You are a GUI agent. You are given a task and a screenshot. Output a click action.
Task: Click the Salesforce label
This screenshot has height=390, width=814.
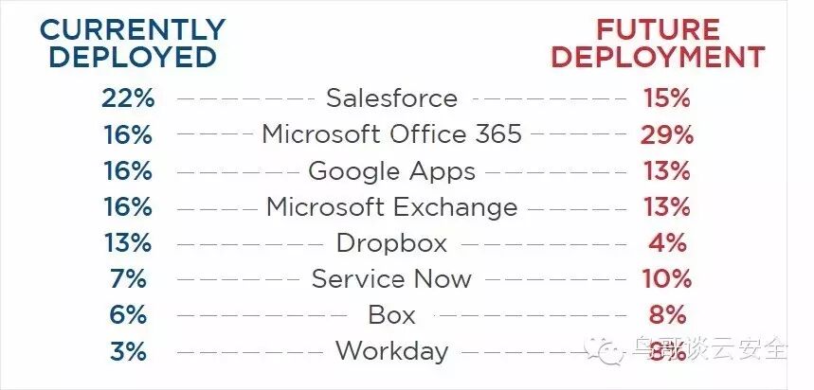[391, 97]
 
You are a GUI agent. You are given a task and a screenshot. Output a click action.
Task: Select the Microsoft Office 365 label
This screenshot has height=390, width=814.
[391, 133]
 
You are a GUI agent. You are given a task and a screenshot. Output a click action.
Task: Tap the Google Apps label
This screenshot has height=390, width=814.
[391, 171]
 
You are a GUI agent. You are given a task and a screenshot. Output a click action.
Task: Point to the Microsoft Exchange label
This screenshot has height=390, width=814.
[391, 206]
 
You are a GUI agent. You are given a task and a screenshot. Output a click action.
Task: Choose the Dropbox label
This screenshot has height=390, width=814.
[391, 243]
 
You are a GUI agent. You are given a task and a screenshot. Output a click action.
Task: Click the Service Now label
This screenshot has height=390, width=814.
[391, 279]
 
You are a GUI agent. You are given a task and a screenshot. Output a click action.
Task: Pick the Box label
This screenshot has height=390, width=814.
[391, 315]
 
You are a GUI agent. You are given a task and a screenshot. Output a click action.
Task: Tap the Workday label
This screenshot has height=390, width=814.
[391, 351]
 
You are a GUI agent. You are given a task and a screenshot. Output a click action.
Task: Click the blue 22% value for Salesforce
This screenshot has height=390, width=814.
[126, 97]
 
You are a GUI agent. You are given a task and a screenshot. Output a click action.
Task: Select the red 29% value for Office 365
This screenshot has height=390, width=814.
[666, 134]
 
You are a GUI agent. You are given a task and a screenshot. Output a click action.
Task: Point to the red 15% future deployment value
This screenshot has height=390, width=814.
[666, 97]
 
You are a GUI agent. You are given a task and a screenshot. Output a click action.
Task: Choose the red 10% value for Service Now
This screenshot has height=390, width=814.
[666, 279]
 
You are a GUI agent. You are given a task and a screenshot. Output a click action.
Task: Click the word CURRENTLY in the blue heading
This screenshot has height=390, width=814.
[133, 29]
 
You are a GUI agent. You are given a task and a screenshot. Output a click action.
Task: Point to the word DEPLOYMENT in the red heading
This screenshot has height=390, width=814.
[658, 56]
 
